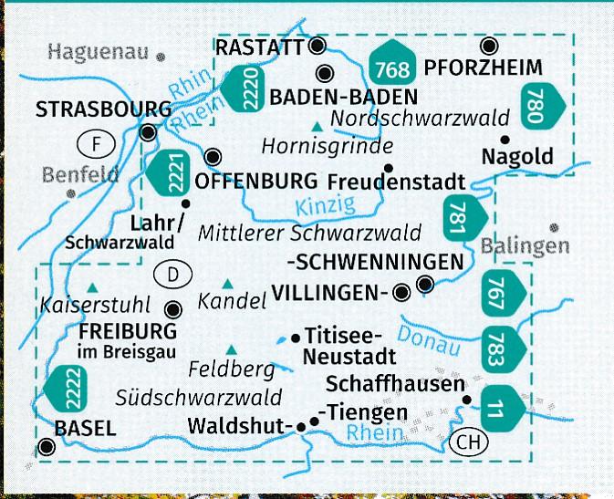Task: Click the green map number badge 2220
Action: coord(239,85)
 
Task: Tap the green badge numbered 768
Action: coord(393,62)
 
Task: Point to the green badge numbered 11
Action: coord(497,405)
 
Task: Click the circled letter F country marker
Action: coord(97,142)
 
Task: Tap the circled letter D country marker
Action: coord(172,273)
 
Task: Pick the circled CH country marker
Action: coord(468,442)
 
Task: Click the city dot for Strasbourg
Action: coord(148,133)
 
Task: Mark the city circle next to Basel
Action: coord(47,447)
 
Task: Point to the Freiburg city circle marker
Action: coord(173,309)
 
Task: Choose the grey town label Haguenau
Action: coord(98,52)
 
